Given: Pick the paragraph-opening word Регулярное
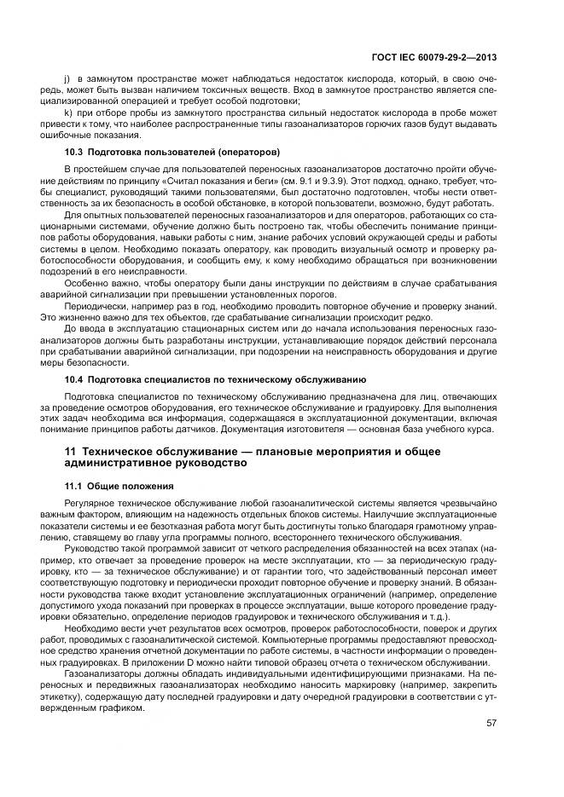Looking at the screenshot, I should click(x=90, y=505).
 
